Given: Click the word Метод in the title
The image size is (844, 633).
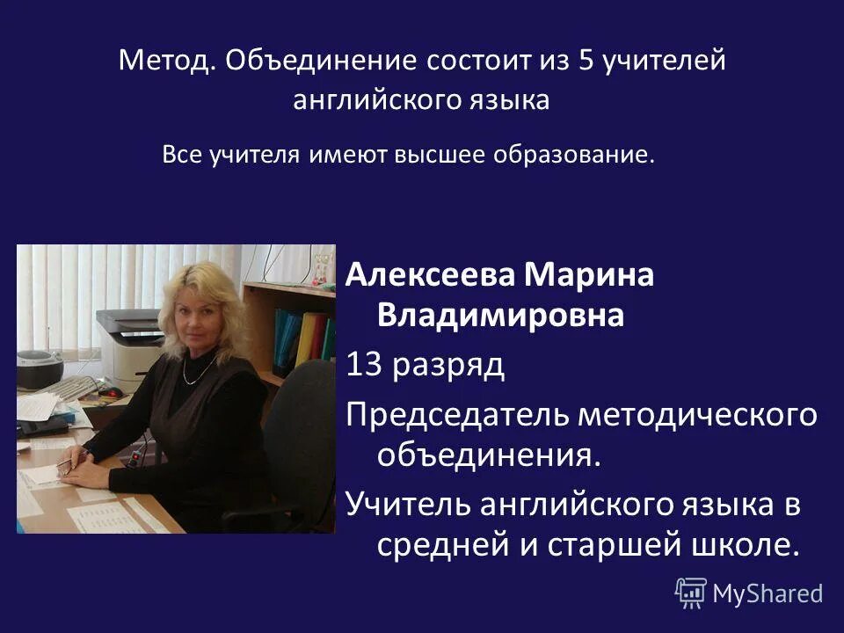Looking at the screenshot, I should pyautogui.click(x=164, y=62).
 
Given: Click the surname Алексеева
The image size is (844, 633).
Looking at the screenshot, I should pyautogui.click(x=432, y=276).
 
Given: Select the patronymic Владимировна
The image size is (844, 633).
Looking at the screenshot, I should pyautogui.click(x=500, y=315).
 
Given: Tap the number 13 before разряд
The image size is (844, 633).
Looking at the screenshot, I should pyautogui.click(x=365, y=364).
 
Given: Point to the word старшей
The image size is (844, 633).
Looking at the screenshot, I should pyautogui.click(x=597, y=545).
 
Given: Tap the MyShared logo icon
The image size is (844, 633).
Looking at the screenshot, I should pyautogui.click(x=691, y=593).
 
